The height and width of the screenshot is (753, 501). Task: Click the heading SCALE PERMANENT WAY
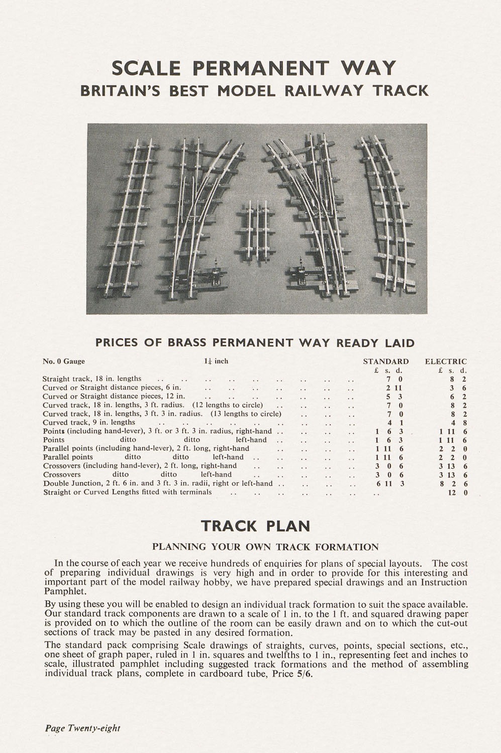[254, 68]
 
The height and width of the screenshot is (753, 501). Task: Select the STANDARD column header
[385, 361]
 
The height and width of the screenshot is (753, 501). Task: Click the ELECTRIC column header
[446, 361]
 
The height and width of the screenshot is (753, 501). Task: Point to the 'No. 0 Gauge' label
[64, 361]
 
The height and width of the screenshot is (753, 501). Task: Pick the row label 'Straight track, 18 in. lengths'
[92, 379]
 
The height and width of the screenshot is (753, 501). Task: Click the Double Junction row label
[157, 483]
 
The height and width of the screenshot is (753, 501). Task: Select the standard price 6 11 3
[390, 483]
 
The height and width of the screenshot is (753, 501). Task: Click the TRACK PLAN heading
[255, 526]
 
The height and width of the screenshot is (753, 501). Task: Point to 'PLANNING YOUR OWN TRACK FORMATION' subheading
[265, 547]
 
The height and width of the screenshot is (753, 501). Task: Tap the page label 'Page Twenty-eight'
[82, 728]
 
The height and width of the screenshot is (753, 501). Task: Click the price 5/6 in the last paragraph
[304, 674]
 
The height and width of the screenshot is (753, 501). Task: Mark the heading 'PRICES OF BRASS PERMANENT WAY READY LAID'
[255, 343]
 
